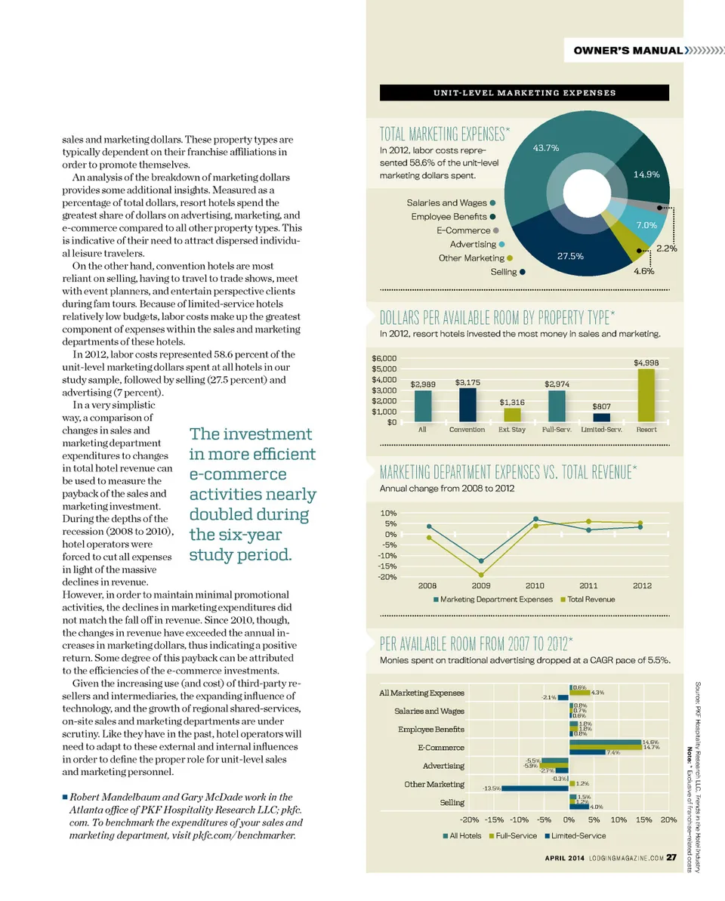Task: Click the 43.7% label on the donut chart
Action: click(x=545, y=148)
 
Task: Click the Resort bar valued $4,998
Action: click(x=646, y=395)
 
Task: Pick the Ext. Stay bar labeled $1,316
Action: click(x=512, y=415)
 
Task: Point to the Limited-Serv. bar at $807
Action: click(x=601, y=417)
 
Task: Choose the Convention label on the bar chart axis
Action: click(x=467, y=430)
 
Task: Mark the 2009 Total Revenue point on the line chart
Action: click(x=481, y=575)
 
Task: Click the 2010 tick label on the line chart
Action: click(x=535, y=585)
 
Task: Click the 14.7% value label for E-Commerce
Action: click(x=651, y=748)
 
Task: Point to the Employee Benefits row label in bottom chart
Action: click(x=431, y=729)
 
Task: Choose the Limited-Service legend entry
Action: click(x=578, y=836)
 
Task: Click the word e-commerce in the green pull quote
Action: click(x=238, y=474)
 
